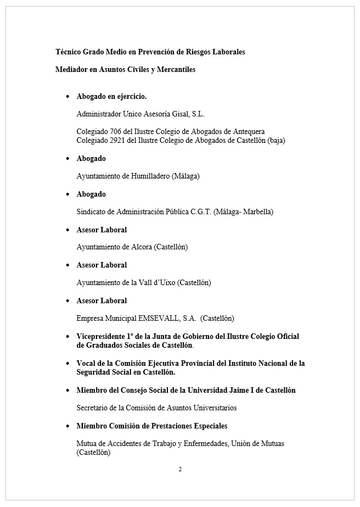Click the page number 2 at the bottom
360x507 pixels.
[180, 469]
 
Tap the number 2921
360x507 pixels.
[117, 140]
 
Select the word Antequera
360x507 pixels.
[250, 132]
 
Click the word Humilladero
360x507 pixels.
[149, 176]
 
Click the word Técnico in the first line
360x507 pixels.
[68, 52]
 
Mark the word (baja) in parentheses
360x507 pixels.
[277, 140]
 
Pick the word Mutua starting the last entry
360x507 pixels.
[87, 443]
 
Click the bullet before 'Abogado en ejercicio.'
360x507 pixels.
[67, 97]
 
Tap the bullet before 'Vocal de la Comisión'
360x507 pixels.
[67, 364]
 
